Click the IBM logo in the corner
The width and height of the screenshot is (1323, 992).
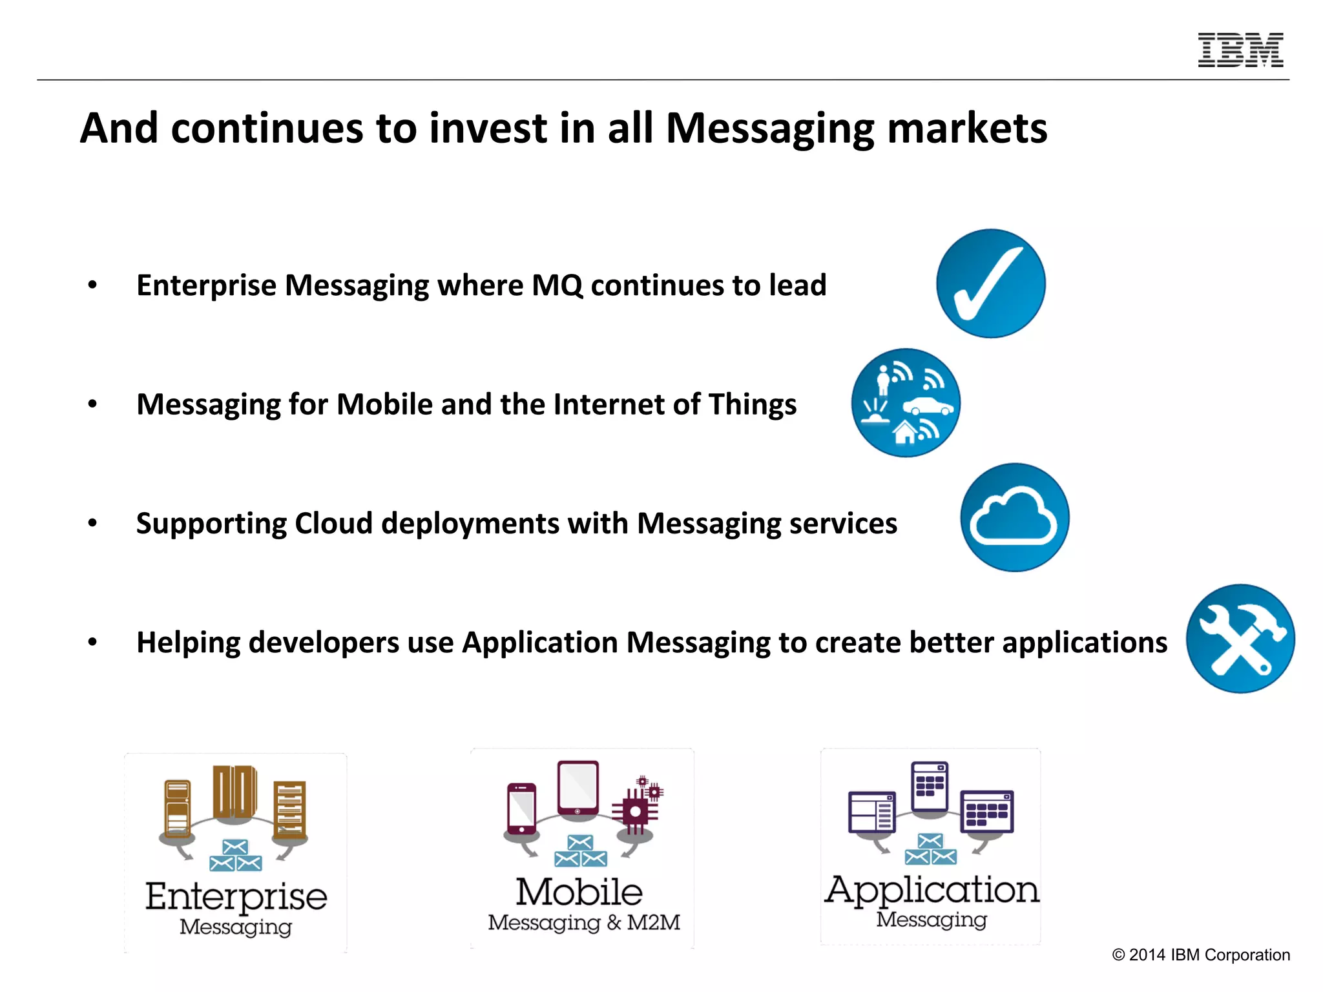click(x=1240, y=50)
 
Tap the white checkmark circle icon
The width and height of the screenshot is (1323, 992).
click(x=990, y=284)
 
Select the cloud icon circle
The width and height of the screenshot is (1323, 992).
click(x=1014, y=517)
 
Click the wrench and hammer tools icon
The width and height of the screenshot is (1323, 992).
click(x=1240, y=639)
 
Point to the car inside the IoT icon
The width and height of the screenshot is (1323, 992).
click(x=928, y=406)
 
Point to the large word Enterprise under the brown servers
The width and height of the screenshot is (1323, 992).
click(x=236, y=896)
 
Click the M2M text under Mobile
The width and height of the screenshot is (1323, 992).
click(x=654, y=922)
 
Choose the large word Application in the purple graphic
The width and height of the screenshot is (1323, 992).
click(x=932, y=890)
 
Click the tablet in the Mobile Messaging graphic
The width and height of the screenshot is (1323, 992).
click(x=578, y=789)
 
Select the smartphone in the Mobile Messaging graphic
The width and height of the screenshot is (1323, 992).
click(x=521, y=809)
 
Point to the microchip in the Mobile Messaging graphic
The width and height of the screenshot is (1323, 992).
click(x=636, y=811)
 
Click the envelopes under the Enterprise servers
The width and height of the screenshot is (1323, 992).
click(x=235, y=856)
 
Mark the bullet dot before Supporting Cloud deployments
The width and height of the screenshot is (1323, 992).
click(x=92, y=523)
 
